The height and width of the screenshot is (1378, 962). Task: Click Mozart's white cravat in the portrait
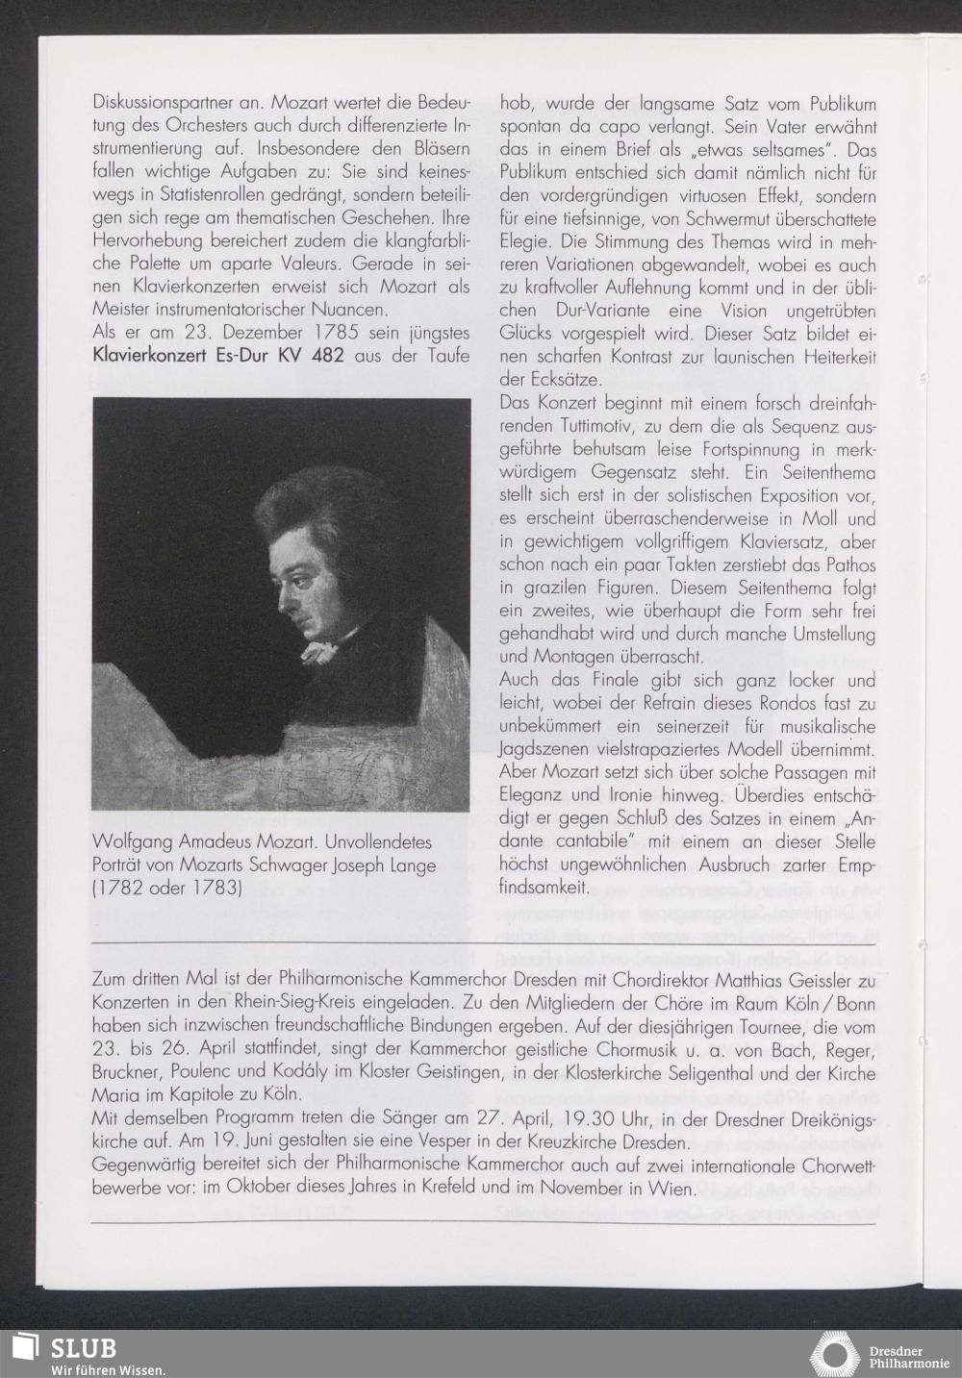tap(320, 649)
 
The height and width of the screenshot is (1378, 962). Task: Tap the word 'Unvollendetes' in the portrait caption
tap(380, 842)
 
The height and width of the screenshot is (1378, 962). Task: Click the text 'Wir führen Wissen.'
tap(108, 1369)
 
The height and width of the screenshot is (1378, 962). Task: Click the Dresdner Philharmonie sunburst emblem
tap(835, 1354)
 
